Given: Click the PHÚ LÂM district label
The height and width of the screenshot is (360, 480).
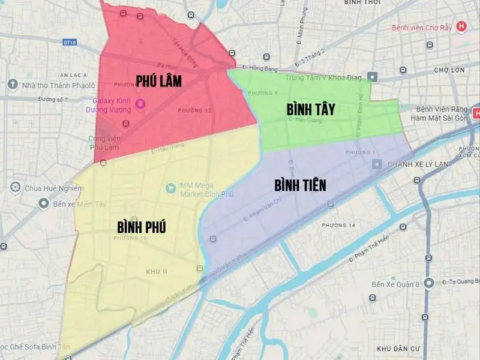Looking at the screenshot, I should tap(158, 80).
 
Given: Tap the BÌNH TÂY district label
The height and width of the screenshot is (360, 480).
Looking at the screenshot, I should tap(310, 110).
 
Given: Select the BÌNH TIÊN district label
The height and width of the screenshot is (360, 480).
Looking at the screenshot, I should tap(300, 185).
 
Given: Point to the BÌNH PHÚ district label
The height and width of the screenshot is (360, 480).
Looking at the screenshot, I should tap(142, 227).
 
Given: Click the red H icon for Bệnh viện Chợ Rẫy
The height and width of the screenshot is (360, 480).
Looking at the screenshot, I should tap(461, 26).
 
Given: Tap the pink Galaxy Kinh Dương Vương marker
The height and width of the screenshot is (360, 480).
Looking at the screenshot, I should tap(140, 104).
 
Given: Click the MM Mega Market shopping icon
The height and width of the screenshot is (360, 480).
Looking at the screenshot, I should tap(171, 188).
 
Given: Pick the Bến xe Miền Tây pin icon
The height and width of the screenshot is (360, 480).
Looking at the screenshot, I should tap(43, 205).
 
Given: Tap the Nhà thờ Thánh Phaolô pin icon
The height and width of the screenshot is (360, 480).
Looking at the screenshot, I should tap(12, 85).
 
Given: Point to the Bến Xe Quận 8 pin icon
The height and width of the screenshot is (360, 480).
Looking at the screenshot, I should tap(428, 283).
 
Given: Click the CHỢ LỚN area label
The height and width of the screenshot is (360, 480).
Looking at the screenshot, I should tap(449, 70).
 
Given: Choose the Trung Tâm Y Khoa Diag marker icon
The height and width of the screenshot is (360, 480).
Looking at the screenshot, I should tap(373, 77).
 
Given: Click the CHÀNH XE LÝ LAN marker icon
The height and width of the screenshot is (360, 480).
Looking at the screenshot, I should tap(379, 164).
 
